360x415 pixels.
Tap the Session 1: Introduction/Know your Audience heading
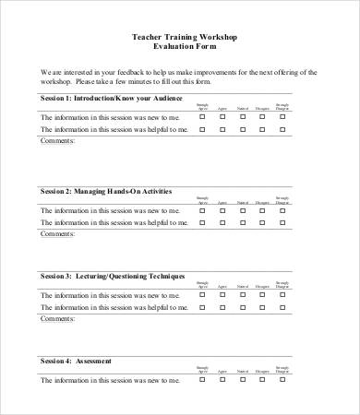[x=112, y=98]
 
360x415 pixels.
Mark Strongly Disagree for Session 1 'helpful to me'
[x=282, y=130]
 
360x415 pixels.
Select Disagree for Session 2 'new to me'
[x=263, y=210]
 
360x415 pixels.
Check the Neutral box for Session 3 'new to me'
[x=243, y=295]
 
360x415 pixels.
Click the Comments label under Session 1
[x=58, y=142]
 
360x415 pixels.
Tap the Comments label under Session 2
[x=58, y=234]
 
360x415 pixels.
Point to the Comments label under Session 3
[x=58, y=319]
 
